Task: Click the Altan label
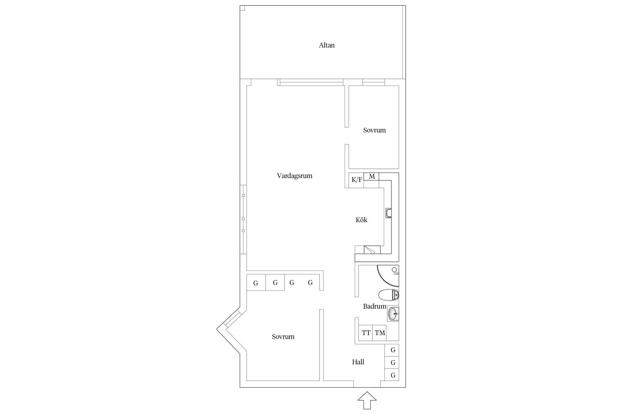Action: [327, 45]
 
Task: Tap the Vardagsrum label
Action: [294, 176]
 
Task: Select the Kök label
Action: [361, 220]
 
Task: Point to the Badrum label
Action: [375, 306]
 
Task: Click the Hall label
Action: [358, 362]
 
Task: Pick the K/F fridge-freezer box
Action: [356, 180]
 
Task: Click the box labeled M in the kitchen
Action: [371, 176]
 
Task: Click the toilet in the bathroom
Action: [389, 295]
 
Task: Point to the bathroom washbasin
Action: [393, 314]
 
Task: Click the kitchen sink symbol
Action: [389, 213]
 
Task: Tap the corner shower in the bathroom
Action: [388, 276]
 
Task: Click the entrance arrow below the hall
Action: [367, 400]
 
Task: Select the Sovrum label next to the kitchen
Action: [374, 130]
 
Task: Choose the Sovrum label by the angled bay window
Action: [283, 337]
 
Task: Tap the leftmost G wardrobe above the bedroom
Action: [256, 282]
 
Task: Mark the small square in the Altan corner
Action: [242, 8]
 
